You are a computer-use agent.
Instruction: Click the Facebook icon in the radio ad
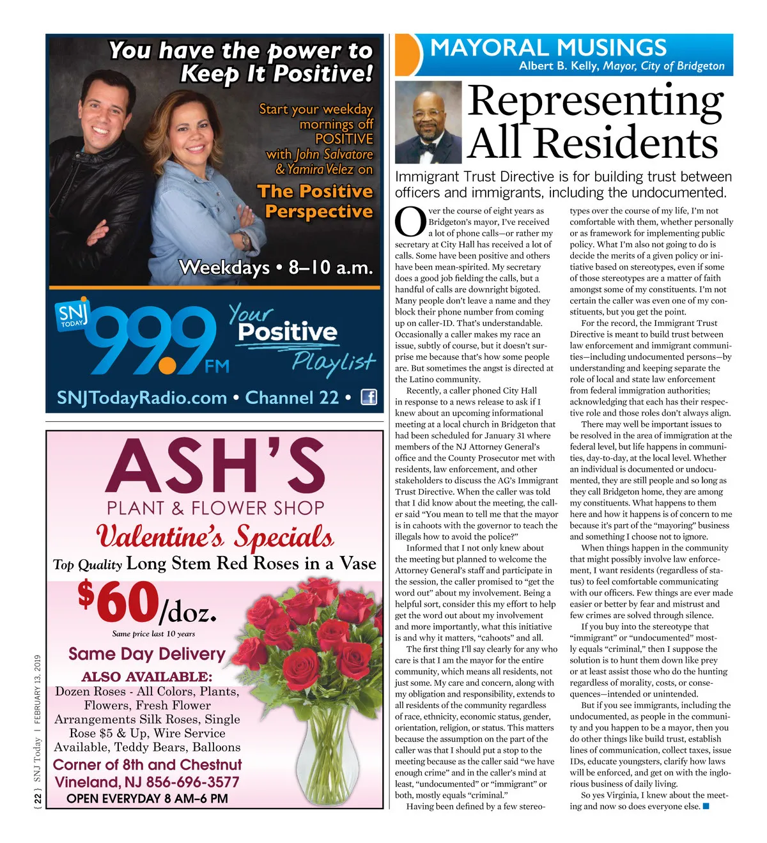[x=369, y=397]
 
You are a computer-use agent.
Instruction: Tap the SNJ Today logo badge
[x=71, y=314]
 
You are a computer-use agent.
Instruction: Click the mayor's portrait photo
[x=428, y=123]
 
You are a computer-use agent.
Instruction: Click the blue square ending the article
[x=706, y=806]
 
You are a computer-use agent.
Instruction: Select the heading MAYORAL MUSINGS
[x=548, y=48]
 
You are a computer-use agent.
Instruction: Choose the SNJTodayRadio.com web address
[x=142, y=398]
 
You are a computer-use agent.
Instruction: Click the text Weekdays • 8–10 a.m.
[x=275, y=267]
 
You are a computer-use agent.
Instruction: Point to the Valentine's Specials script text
[x=215, y=536]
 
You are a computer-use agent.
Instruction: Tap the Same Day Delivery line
[x=146, y=654]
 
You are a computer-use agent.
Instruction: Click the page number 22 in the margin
[x=38, y=798]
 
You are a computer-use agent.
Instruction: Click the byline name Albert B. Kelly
[x=558, y=66]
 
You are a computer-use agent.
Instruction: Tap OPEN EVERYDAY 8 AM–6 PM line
[x=147, y=798]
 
